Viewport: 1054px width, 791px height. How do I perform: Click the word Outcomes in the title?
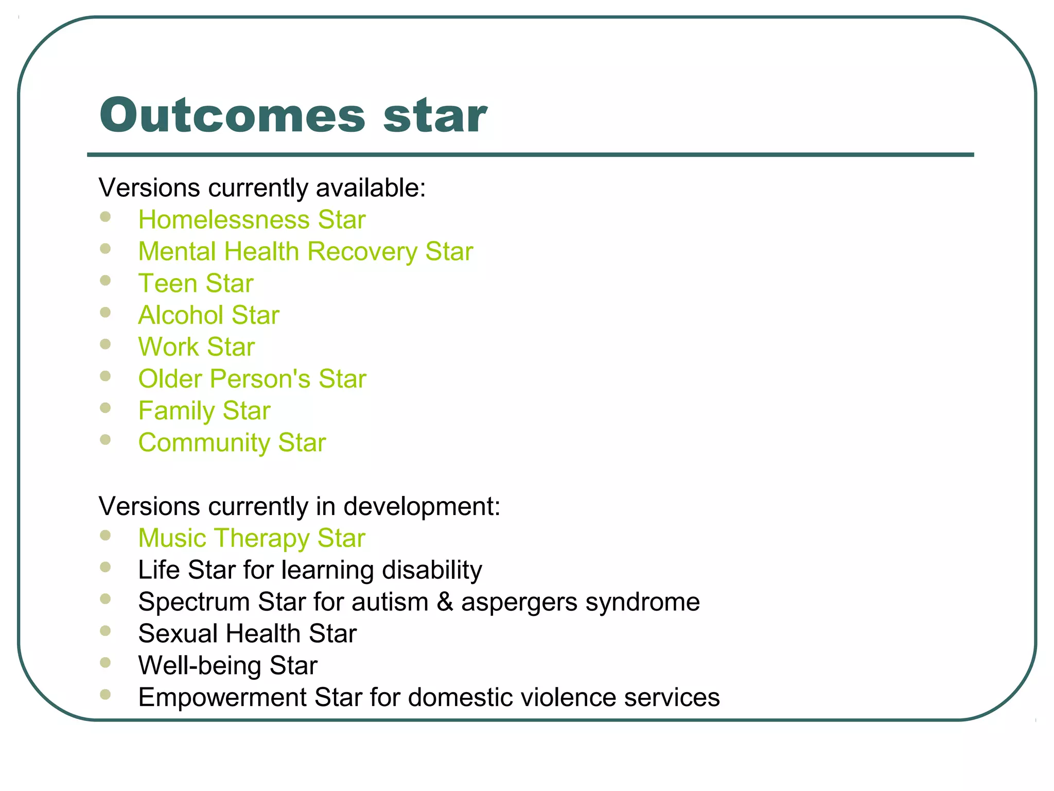tap(233, 115)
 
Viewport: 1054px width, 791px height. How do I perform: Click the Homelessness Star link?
tap(252, 220)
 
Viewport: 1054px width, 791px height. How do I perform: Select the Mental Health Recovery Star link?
tap(305, 252)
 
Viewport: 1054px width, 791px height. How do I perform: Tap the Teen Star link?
tap(196, 284)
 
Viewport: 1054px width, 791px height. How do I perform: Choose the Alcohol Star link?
tap(208, 315)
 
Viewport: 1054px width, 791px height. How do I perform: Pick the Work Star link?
tap(196, 347)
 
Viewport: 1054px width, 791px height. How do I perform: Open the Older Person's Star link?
tap(252, 379)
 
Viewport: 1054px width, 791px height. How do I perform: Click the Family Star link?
tap(204, 411)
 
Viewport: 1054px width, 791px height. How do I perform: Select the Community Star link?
tap(232, 443)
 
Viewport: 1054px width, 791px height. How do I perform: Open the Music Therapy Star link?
tap(252, 538)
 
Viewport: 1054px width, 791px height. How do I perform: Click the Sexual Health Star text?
tap(247, 633)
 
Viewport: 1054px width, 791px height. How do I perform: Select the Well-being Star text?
tap(227, 665)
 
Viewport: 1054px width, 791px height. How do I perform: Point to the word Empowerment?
tap(222, 697)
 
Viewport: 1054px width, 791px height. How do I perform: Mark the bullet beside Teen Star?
tap(106, 281)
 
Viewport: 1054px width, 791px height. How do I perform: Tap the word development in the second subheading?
tap(421, 506)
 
